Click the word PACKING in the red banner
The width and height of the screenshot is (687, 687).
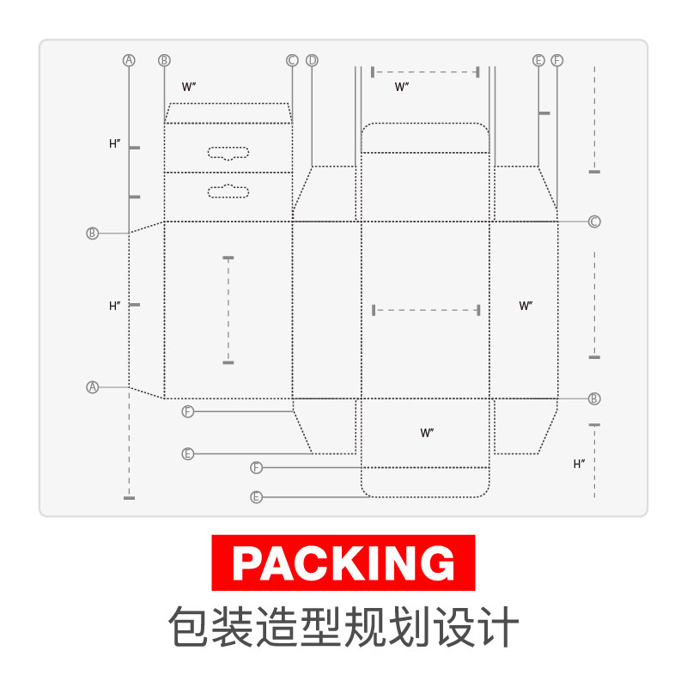(x=343, y=562)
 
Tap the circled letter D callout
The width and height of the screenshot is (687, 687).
(x=312, y=60)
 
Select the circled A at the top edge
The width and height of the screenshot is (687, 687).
(x=129, y=60)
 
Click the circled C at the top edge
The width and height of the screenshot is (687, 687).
(x=292, y=60)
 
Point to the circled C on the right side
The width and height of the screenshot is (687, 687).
(x=594, y=222)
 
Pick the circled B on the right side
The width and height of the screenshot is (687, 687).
(x=594, y=398)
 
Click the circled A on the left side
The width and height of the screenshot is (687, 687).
(x=93, y=387)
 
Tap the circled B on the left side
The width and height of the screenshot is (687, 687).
(x=93, y=233)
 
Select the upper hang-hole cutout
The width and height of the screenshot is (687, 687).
(x=228, y=153)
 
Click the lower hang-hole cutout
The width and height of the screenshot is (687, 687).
(x=228, y=189)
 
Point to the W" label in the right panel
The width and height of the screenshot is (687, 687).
(x=526, y=306)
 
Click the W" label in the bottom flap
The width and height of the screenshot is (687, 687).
(x=427, y=433)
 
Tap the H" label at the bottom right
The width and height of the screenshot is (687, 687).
(x=580, y=464)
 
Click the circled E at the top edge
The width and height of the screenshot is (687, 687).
(x=538, y=60)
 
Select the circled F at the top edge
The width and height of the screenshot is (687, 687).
(x=557, y=60)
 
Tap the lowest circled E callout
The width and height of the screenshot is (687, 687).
(x=256, y=496)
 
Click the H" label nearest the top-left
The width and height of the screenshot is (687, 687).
(x=115, y=144)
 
